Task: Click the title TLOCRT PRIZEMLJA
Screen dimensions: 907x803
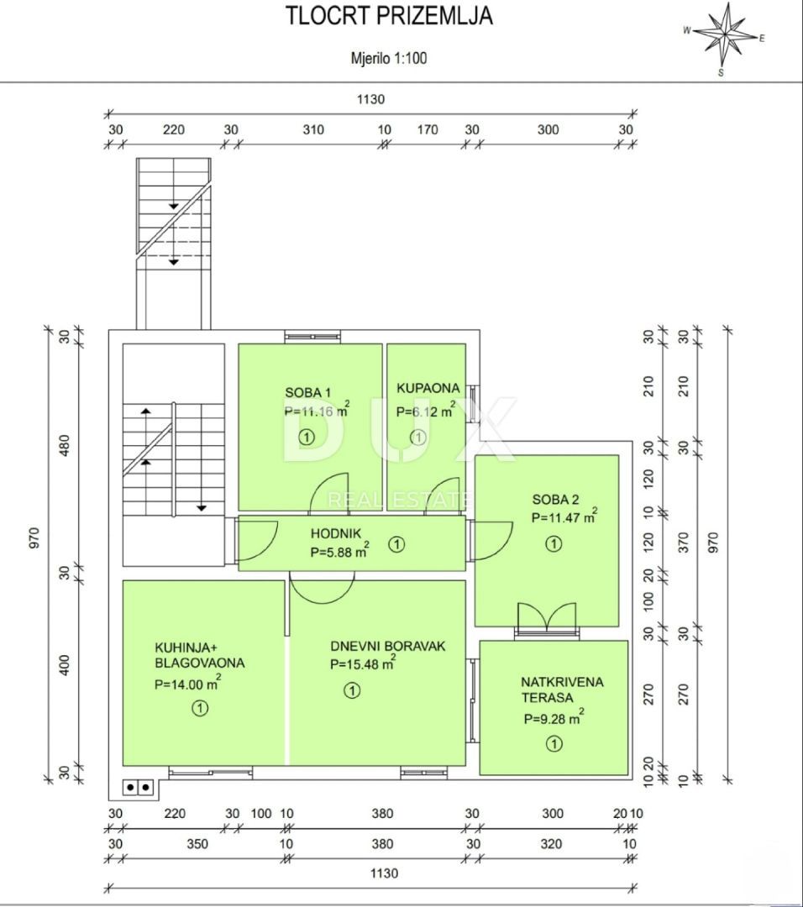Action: click(x=388, y=16)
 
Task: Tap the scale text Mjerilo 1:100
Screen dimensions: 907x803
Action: click(x=388, y=59)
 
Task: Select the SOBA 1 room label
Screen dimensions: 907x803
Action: click(x=308, y=392)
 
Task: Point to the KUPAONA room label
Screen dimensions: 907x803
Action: click(x=428, y=388)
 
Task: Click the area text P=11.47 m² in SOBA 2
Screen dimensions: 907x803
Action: click(x=564, y=517)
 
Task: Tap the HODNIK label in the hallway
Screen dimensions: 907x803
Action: click(x=335, y=533)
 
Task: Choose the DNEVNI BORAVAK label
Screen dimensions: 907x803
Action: click(x=387, y=647)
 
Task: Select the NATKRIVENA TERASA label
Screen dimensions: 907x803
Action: click(x=561, y=689)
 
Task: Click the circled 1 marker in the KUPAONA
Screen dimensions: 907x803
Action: click(x=417, y=437)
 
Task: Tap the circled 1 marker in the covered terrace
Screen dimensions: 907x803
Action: click(x=554, y=743)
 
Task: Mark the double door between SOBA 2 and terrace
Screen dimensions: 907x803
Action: click(x=546, y=618)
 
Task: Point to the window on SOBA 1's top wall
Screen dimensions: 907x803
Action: click(x=312, y=337)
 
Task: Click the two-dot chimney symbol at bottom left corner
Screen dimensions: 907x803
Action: click(x=139, y=787)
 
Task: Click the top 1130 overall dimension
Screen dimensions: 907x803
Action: click(x=370, y=99)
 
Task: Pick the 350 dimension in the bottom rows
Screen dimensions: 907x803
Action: click(x=174, y=843)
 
